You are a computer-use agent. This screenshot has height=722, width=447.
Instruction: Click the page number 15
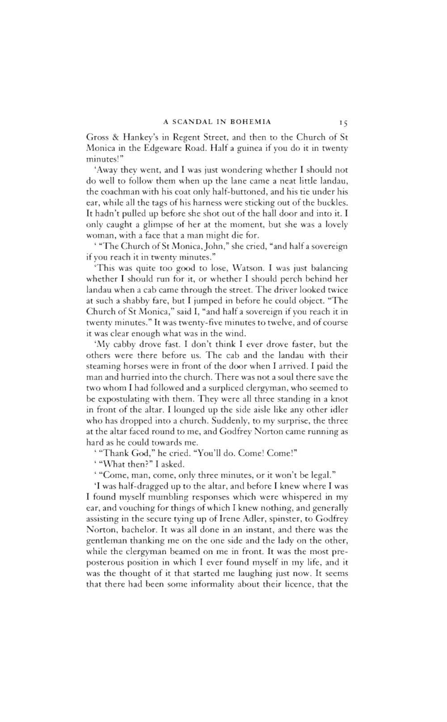click(x=343, y=122)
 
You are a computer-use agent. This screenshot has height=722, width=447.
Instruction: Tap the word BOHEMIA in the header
click(x=251, y=122)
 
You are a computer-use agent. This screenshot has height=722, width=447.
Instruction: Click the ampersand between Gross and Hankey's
click(x=112, y=137)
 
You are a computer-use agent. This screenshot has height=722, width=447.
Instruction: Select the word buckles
click(x=331, y=202)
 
